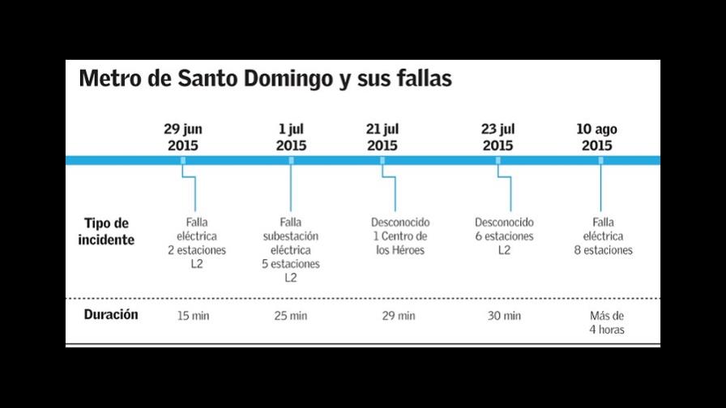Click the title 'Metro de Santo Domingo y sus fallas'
[x=265, y=80]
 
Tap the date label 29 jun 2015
[x=183, y=138]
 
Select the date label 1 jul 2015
[x=291, y=138]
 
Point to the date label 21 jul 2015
[x=382, y=138]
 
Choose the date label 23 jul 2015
[x=498, y=138]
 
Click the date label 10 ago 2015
[x=596, y=138]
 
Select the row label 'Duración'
[x=111, y=315]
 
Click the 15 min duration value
[x=193, y=316]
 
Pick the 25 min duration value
[x=291, y=316]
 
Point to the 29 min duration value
[x=399, y=316]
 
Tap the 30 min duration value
[x=504, y=316]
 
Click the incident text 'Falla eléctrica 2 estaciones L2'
[x=197, y=243]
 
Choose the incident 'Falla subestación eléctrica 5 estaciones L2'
[x=291, y=250]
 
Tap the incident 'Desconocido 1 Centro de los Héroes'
[x=400, y=236]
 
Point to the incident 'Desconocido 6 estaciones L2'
[x=504, y=236]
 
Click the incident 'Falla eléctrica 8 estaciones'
[x=603, y=236]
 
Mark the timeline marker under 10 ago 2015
[x=600, y=160]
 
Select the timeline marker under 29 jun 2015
[x=183, y=160]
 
